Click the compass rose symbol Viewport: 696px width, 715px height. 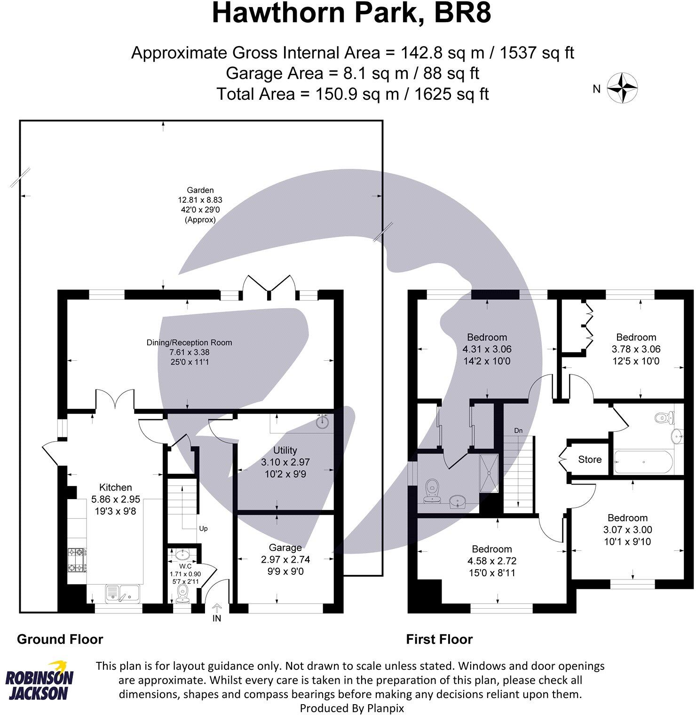tap(622, 88)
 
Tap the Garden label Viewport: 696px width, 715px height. tap(200, 190)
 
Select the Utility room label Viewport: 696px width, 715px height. tap(285, 450)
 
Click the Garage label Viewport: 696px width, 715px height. tap(285, 548)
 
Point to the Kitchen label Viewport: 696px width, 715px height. tap(115, 487)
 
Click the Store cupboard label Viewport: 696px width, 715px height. tap(590, 460)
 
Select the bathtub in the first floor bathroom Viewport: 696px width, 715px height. tap(643, 462)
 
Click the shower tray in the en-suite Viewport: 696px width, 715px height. tap(489, 473)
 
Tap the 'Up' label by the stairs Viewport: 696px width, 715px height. tap(203, 528)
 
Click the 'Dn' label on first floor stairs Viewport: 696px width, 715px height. tap(518, 430)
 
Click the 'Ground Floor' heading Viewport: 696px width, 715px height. tap(60, 639)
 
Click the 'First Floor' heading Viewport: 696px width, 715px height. tap(439, 639)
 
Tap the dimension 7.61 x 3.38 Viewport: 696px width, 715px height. tap(190, 352)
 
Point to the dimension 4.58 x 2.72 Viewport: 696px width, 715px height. tap(492, 561)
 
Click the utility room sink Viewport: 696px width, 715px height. tap(322, 421)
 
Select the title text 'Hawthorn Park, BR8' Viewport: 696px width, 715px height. tap(351, 13)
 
